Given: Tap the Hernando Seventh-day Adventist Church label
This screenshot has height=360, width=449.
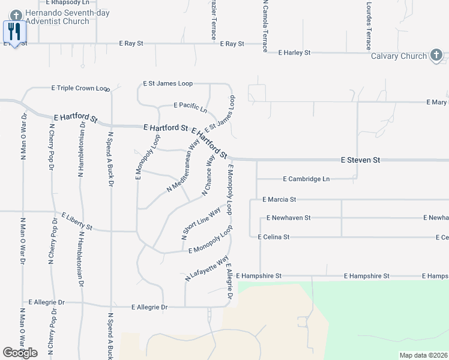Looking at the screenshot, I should click(56, 17).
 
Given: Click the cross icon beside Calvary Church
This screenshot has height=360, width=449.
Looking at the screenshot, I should click(436, 56).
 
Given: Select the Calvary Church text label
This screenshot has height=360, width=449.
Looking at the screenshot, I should click(399, 56).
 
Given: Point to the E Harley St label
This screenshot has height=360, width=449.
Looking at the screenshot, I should click(294, 53).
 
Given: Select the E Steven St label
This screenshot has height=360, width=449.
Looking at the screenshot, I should click(361, 160).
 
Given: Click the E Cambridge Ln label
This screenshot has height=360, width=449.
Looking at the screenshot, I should click(306, 179).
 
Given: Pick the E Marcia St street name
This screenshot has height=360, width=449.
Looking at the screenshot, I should click(280, 199).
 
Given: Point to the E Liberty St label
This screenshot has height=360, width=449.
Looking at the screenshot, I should click(77, 221).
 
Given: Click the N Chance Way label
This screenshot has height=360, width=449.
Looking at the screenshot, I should click(208, 176).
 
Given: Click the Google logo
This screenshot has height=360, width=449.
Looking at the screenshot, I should click(20, 353).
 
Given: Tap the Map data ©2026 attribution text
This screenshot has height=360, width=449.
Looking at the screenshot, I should click(423, 355).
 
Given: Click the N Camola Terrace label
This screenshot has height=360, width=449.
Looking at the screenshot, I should click(264, 26).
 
